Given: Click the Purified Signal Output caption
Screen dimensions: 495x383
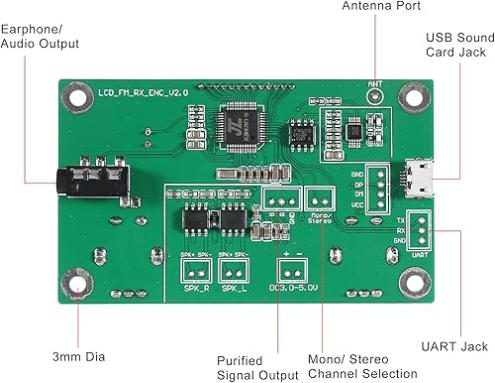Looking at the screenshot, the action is (256, 366).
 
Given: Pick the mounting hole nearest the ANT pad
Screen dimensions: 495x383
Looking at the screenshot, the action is (415, 96).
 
